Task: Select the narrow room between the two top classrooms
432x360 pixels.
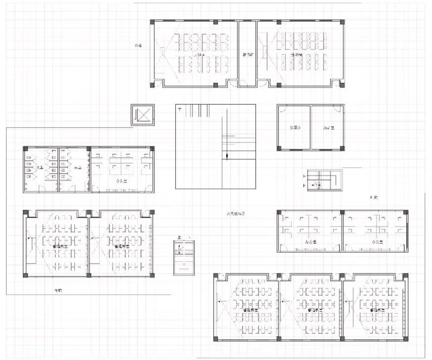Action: click(247, 54)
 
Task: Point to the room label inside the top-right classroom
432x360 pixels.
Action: click(297, 55)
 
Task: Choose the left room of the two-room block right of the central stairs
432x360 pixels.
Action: click(294, 128)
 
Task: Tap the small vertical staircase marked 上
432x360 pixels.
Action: click(184, 258)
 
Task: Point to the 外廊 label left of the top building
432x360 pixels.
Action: click(139, 46)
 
